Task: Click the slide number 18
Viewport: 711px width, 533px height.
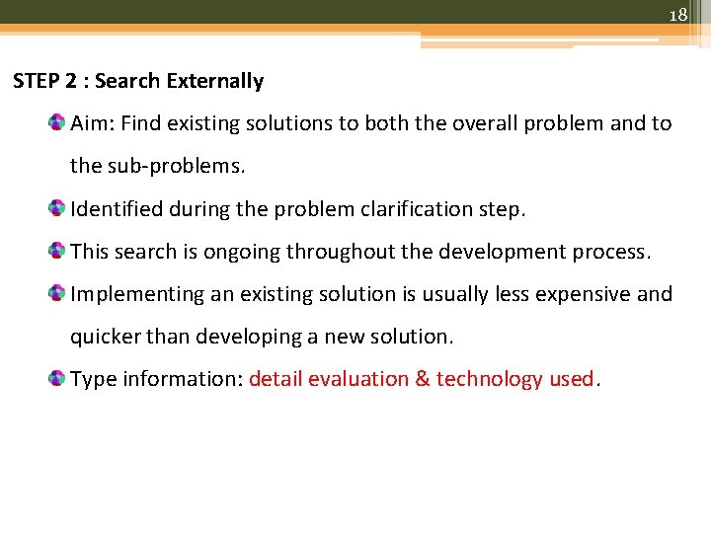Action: point(677,15)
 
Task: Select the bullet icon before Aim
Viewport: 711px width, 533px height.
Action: point(57,122)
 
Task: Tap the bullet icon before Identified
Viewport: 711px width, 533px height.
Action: point(57,208)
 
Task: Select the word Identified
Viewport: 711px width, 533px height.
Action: point(114,208)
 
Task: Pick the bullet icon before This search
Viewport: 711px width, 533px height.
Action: point(57,251)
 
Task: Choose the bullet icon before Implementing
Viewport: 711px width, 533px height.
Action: point(57,293)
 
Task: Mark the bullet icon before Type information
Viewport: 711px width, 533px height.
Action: point(57,378)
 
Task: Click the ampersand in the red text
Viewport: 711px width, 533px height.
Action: point(423,378)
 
